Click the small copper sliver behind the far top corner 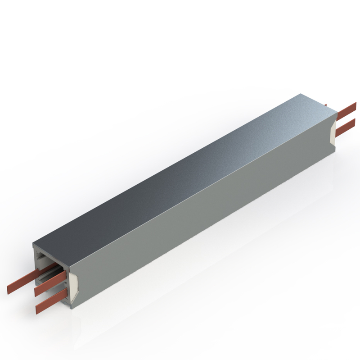coord(325,106)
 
